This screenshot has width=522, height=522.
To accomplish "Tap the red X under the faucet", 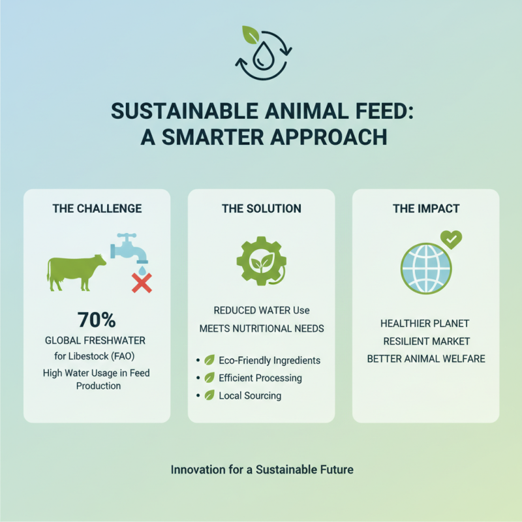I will point(142,283).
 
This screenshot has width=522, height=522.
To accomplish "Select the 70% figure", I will point(96,320).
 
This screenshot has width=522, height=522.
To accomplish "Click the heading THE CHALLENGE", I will point(97,209).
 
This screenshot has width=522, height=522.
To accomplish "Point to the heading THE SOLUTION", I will point(261,209).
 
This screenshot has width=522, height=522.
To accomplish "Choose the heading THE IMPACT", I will point(426,209).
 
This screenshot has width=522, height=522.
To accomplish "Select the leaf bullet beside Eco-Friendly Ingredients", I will point(209,360).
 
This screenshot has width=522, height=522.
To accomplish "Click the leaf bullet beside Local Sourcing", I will point(209,395).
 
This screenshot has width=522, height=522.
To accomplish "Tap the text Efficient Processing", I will point(260,378).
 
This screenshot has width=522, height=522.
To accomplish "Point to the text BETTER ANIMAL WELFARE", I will point(426,359).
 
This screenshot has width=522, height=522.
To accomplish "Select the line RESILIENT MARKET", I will point(426,341).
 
